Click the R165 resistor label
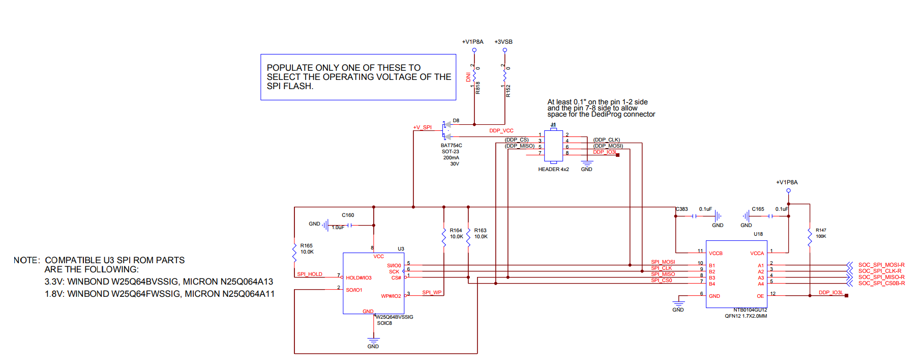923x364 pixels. tap(306, 246)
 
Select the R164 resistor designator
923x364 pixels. tap(456, 231)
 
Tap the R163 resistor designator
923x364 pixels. tap(480, 231)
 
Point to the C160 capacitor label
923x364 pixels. tap(348, 215)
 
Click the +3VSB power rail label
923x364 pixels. tap(503, 42)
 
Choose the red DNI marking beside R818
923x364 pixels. tap(468, 77)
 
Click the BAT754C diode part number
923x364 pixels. tap(451, 146)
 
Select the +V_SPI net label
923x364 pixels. tap(422, 128)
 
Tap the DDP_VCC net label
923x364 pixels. tap(501, 131)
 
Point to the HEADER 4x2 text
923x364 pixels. tap(553, 170)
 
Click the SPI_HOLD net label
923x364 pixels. tap(310, 274)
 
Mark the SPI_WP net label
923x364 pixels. tap(432, 293)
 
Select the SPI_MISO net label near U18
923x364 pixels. tap(663, 274)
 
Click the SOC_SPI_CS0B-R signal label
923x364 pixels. tap(881, 284)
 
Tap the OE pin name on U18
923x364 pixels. tap(760, 296)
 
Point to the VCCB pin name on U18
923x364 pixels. tap(716, 254)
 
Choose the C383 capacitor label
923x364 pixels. tap(681, 209)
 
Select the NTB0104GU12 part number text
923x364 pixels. tap(750, 310)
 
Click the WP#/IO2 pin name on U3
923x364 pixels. tap(391, 296)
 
